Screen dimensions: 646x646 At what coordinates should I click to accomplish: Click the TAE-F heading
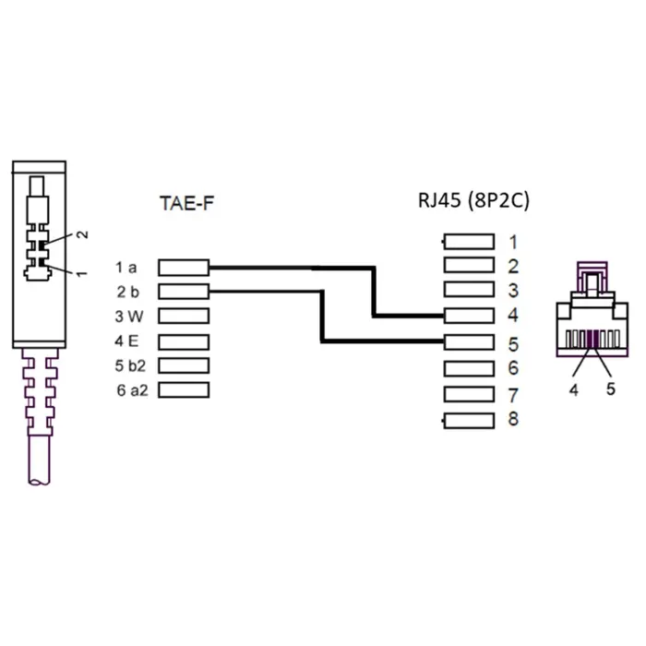tap(186, 203)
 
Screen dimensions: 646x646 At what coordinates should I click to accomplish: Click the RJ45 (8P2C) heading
tap(473, 200)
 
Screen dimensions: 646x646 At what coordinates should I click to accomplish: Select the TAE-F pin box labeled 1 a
tap(184, 268)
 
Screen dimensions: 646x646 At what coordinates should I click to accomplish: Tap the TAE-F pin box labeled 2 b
tap(184, 292)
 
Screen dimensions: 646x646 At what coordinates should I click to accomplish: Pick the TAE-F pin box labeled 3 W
tap(184, 316)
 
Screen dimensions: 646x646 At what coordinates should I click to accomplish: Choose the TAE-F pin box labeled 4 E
tap(184, 342)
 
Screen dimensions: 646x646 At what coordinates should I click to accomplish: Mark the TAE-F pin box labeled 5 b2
tap(184, 365)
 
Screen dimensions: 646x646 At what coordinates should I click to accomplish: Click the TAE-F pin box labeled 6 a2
tap(184, 390)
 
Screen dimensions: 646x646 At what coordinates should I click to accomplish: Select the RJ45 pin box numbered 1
tap(469, 242)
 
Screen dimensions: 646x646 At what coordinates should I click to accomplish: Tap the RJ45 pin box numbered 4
tap(469, 316)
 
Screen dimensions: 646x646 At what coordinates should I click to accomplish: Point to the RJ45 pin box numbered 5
tap(469, 342)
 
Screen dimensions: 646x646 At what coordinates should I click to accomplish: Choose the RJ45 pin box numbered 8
tap(469, 421)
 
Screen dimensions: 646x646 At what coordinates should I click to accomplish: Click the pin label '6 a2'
tap(132, 390)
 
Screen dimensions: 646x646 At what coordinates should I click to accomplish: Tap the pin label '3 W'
tap(129, 317)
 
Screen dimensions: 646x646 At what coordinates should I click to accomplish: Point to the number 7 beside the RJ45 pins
tap(513, 396)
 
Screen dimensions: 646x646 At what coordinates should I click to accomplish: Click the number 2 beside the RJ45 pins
tap(513, 267)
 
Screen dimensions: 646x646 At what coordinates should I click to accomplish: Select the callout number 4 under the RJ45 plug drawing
tap(574, 389)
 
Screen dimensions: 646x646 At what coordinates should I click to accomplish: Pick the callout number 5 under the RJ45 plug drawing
tap(611, 389)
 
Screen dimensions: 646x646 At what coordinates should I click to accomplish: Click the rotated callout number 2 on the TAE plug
tap(83, 234)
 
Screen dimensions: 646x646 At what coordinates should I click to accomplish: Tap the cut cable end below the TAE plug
tap(40, 481)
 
